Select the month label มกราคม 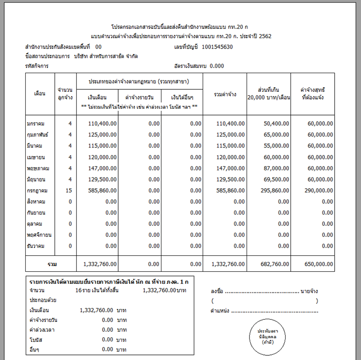click(37, 123)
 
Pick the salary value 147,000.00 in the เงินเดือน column click(103, 168)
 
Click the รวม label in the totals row click(52, 264)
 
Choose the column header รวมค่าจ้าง click(225, 93)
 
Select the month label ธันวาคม click(37, 246)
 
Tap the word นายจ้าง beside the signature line click(309, 291)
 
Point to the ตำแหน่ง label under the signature click(220, 311)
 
